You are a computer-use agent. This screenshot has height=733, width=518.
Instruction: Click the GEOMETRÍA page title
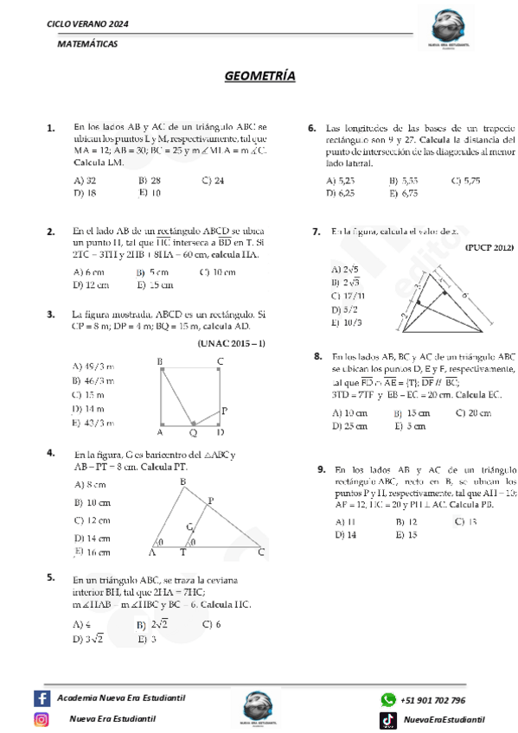259,77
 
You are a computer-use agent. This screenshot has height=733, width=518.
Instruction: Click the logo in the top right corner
457,31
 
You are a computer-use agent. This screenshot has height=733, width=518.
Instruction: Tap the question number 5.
52,577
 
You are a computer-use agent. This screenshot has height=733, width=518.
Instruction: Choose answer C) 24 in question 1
213,181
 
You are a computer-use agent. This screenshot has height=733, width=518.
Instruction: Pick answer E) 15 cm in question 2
156,284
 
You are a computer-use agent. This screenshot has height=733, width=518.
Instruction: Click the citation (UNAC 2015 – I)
232,344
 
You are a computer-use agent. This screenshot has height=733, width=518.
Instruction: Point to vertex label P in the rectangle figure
224,411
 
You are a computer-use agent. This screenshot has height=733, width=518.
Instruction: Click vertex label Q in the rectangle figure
193,432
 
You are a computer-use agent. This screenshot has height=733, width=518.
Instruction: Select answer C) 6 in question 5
212,623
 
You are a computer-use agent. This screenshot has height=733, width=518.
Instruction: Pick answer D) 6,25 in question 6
341,194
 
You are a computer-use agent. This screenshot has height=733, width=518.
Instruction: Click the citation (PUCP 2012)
489,247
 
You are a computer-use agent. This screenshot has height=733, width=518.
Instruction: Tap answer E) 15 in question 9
406,535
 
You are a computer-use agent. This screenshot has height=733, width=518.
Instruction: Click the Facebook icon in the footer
42,698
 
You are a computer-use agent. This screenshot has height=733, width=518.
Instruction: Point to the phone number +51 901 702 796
433,700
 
